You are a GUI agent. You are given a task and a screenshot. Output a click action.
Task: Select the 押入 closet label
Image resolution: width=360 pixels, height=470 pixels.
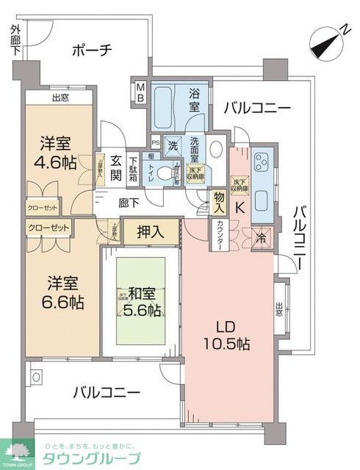(x=151, y=232)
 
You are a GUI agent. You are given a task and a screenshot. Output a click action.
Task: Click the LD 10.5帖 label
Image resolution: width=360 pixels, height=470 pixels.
(x=226, y=335)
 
